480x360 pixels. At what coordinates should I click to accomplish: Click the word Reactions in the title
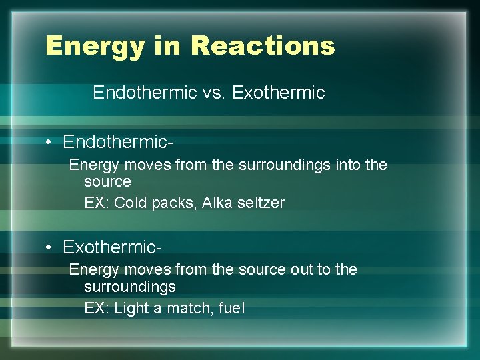tap(262, 45)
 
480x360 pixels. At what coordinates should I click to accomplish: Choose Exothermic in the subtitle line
tap(279, 93)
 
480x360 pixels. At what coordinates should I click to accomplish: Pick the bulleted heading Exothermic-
tap(112, 247)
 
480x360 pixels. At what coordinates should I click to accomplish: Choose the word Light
tap(131, 309)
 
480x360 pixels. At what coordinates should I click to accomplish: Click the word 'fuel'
tap(231, 308)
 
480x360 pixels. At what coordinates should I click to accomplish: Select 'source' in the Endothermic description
tap(107, 181)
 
